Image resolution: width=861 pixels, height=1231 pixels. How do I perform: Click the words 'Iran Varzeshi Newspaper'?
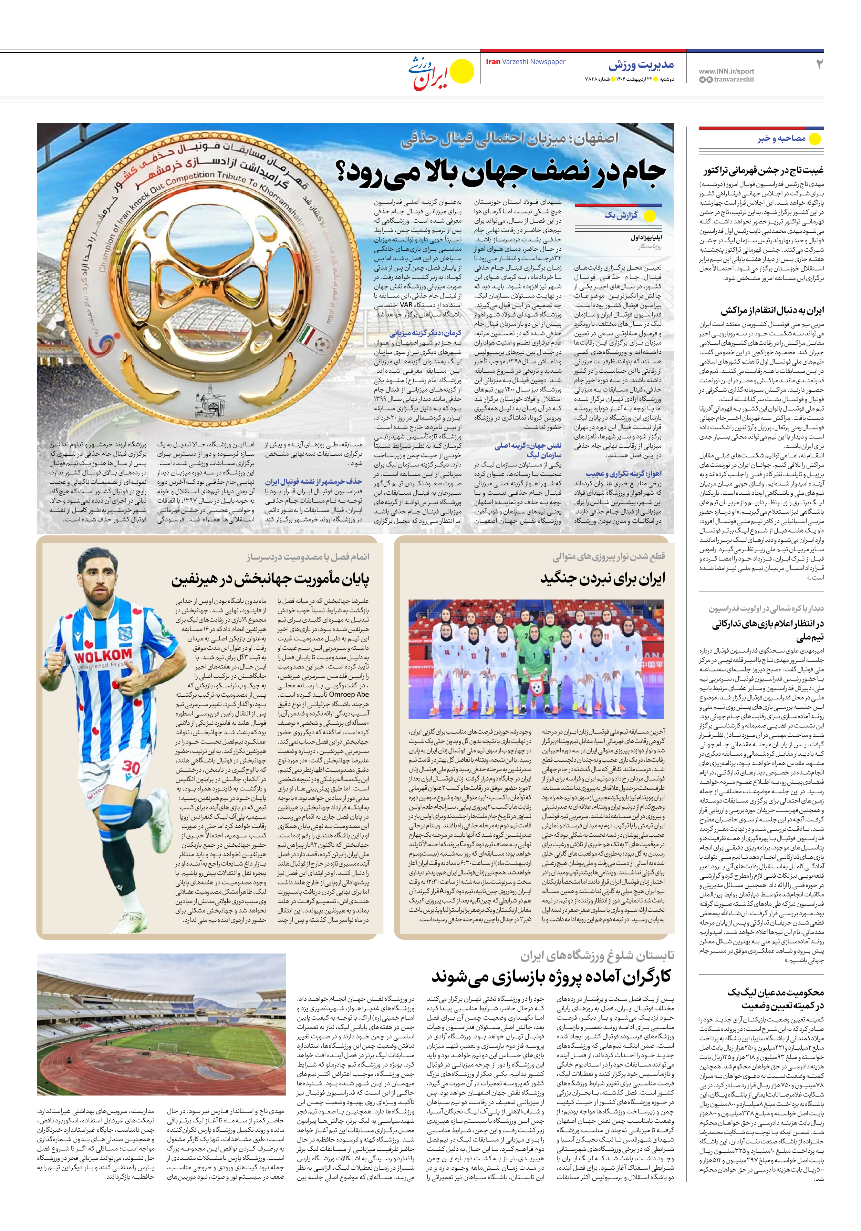[525, 62]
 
